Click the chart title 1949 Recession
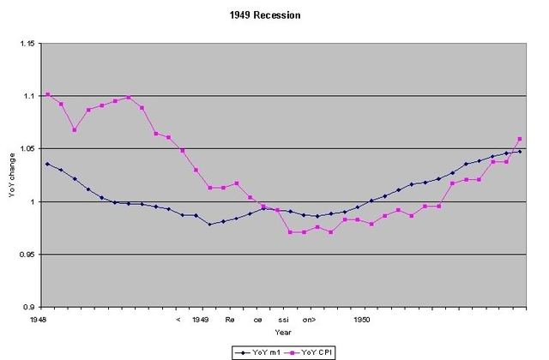pyautogui.click(x=275, y=15)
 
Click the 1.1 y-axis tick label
pyautogui.click(x=29, y=96)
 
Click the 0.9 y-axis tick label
pyautogui.click(x=29, y=308)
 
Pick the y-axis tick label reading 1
pyautogui.click(x=33, y=202)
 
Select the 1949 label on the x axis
pyautogui.click(x=202, y=318)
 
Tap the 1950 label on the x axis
pyautogui.click(x=362, y=318)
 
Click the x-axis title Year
pyautogui.click(x=282, y=332)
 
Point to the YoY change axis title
pyautogui.click(x=13, y=176)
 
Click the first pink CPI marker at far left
pyautogui.click(x=47, y=94)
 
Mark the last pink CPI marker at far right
pyautogui.click(x=520, y=139)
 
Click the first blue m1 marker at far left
pyautogui.click(x=47, y=164)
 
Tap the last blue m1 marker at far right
pyautogui.click(x=520, y=152)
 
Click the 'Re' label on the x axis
pyautogui.click(x=230, y=318)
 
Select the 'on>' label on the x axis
pyautogui.click(x=309, y=318)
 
